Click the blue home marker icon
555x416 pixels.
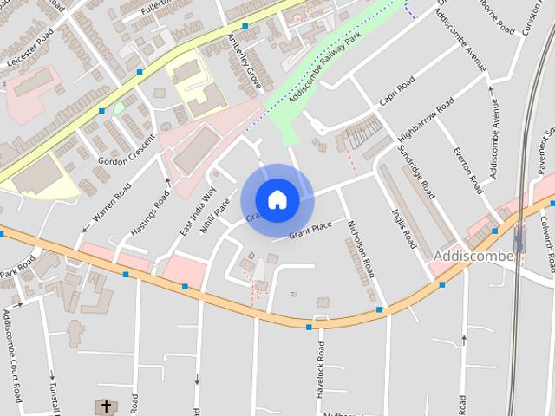(277, 199)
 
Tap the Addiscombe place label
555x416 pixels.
(473, 257)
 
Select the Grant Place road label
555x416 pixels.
(310, 229)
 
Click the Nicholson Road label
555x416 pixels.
(361, 249)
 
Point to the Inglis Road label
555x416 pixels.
(404, 228)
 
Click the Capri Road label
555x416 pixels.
(397, 91)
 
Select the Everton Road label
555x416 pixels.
(468, 170)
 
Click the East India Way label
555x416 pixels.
(198, 211)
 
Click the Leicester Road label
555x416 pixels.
(30, 47)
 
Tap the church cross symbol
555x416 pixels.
(106, 406)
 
